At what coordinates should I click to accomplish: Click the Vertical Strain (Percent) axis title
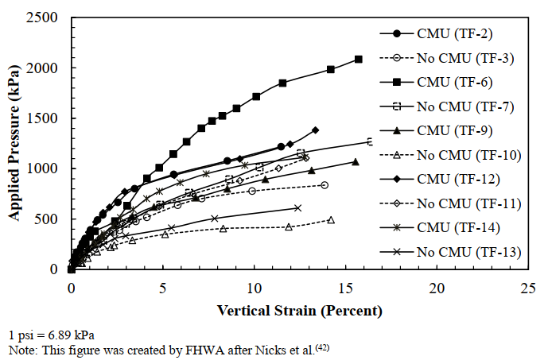click(300, 310)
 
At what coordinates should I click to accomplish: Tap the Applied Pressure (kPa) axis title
click(14, 143)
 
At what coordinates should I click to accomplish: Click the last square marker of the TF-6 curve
click(358, 59)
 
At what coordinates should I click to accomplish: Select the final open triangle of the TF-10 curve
click(331, 219)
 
